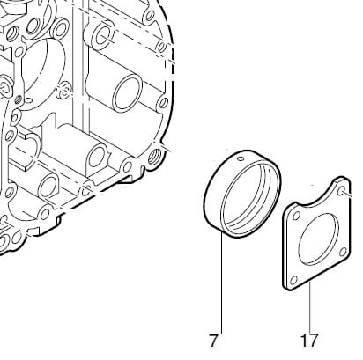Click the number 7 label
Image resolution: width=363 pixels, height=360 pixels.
pos(213,341)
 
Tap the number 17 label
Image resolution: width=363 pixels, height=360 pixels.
pos(309,341)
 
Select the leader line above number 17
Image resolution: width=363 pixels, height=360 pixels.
pos(309,307)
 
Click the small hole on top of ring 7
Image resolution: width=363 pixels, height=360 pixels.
pos(241,158)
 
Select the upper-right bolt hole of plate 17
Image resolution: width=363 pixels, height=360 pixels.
pos(341,192)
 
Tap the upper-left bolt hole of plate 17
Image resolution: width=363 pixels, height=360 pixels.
pos(296,217)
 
